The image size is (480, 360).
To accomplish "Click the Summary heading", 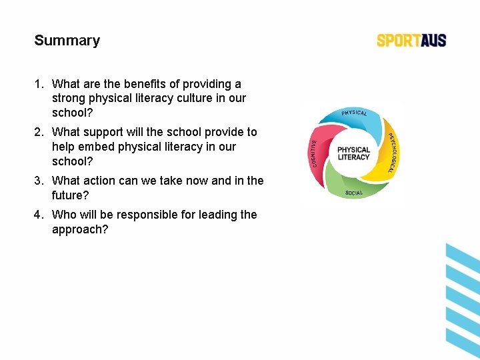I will pyautogui.click(x=67, y=40).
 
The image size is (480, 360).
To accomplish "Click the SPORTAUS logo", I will pyautogui.click(x=411, y=40).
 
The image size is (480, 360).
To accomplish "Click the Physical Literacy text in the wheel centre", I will pyautogui.click(x=353, y=153).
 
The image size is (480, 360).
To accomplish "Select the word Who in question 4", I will pyautogui.click(x=65, y=215).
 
